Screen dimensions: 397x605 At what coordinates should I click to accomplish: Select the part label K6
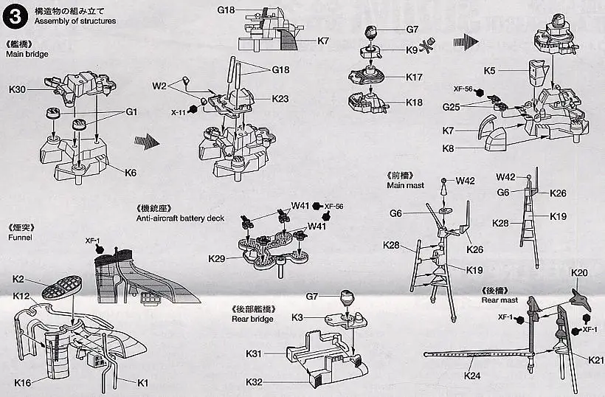tap(131, 173)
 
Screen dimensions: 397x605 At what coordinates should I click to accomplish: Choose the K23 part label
tap(280, 99)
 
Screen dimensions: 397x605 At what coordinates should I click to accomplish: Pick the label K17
tap(414, 77)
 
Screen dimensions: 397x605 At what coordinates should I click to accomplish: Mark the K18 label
tap(414, 103)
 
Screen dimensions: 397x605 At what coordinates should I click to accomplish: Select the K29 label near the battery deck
tap(217, 259)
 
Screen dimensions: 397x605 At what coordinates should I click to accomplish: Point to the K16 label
tap(22, 383)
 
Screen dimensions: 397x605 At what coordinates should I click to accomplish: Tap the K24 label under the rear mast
tap(473, 376)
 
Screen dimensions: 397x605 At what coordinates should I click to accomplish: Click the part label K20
tap(580, 272)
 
